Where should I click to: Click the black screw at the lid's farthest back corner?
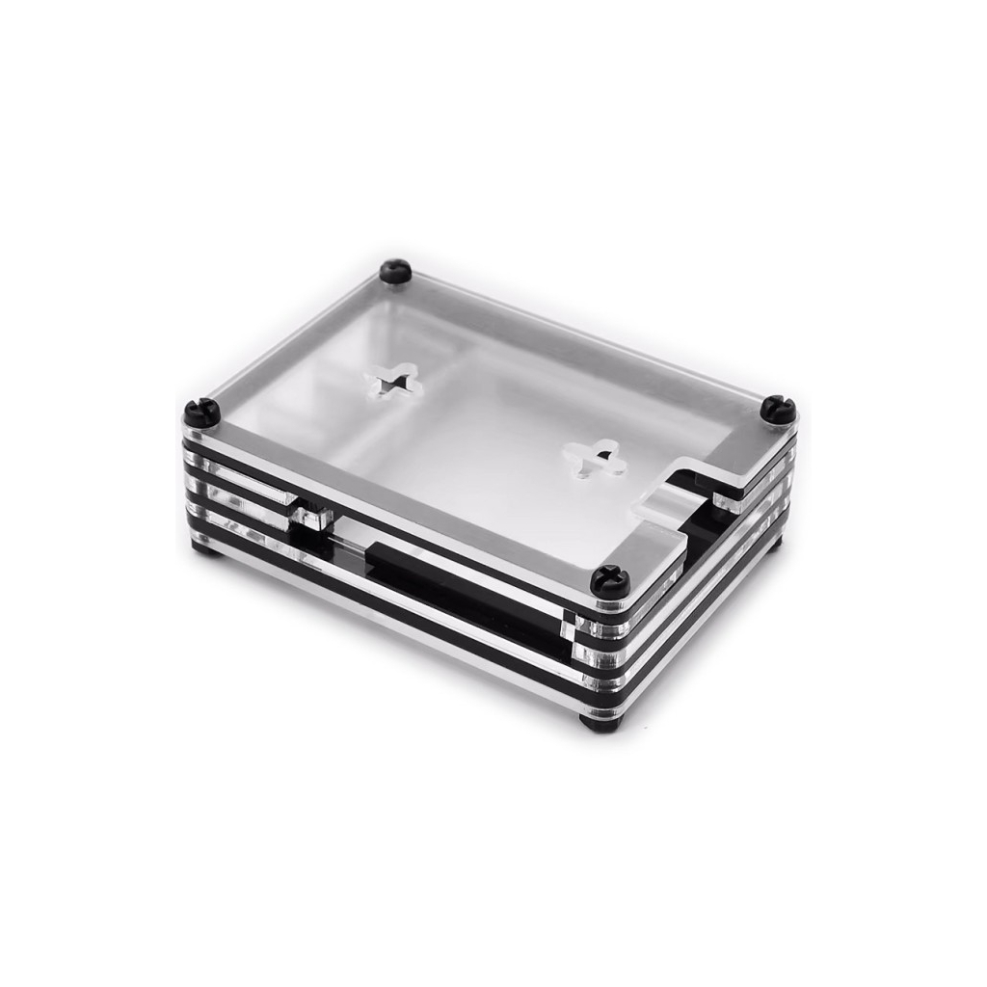tap(395, 271)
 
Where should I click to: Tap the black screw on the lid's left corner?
tap(203, 413)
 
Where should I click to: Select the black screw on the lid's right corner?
tap(778, 410)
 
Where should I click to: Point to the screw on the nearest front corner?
tap(610, 581)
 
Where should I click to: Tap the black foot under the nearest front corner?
tap(595, 721)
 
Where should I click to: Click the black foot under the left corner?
tap(202, 547)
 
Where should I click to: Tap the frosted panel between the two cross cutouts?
tap(492, 424)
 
